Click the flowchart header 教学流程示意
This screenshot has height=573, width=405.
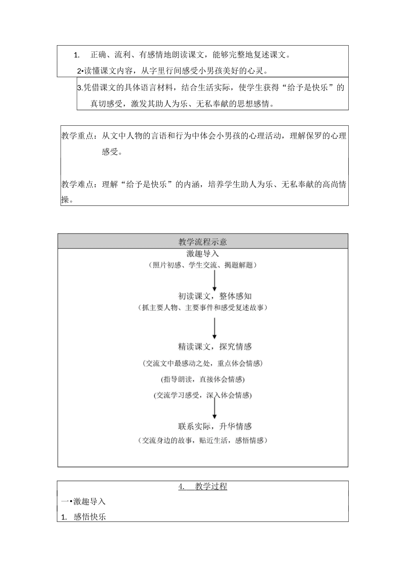[202, 242]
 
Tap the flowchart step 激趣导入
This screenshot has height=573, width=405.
[202, 254]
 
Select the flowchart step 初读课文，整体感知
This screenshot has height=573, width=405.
[214, 296]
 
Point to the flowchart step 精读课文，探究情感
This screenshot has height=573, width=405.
[214, 347]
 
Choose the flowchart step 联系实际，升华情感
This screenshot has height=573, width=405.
[214, 426]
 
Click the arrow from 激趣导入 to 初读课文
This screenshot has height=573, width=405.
[214, 280]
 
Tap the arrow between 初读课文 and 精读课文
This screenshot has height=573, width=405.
[214, 328]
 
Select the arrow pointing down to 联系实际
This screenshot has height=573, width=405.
[214, 408]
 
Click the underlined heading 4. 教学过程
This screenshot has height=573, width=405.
[202, 486]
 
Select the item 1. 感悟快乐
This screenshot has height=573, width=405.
[84, 517]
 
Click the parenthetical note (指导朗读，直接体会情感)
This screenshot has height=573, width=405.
[202, 379]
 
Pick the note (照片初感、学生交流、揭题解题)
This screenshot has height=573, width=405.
[202, 265]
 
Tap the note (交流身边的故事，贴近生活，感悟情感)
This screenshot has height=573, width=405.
[202, 440]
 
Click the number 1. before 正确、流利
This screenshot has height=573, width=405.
[77, 55]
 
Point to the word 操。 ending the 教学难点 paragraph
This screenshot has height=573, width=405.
[67, 200]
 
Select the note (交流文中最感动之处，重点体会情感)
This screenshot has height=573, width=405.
[202, 363]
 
